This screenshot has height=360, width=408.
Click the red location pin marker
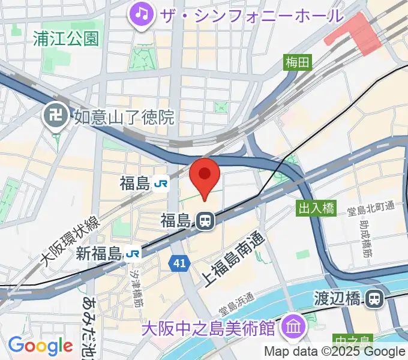pos(205,176)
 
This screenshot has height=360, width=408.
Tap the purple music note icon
pos(142,13)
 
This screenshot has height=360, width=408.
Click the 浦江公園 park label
pos(67,39)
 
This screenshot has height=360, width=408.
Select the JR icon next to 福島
pos(160,184)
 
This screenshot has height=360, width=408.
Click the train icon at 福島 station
pos(205,221)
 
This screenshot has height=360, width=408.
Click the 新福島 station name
pos(99,253)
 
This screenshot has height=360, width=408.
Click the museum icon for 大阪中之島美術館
pos(295,328)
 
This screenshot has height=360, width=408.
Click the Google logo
pos(40,346)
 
